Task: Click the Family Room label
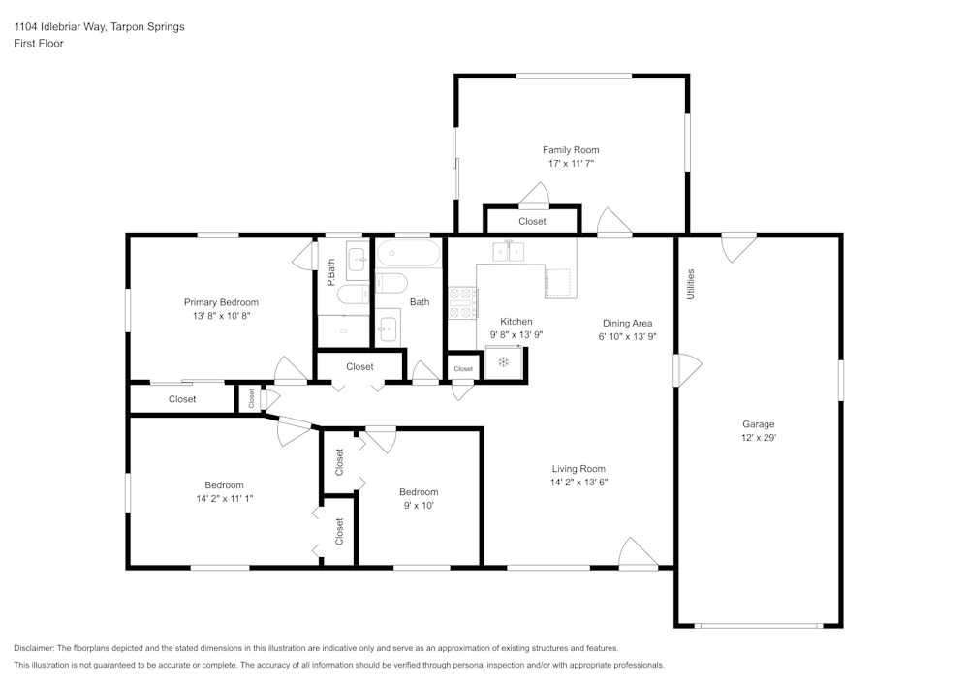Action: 570,150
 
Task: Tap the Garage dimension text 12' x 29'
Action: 758,438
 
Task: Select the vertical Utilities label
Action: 691,283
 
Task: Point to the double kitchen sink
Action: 509,252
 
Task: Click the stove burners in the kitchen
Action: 462,301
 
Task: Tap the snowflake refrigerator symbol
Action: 503,362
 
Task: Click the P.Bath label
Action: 331,271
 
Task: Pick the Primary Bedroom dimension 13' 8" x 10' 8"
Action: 221,316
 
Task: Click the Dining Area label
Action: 627,324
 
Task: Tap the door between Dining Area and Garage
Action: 686,369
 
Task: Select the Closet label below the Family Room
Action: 532,222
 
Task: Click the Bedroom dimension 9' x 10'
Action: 419,505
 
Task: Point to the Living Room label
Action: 578,469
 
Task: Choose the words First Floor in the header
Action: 39,44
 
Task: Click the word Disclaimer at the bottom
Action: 34,648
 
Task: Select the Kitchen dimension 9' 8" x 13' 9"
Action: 516,334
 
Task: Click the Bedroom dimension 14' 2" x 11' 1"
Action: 224,498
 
